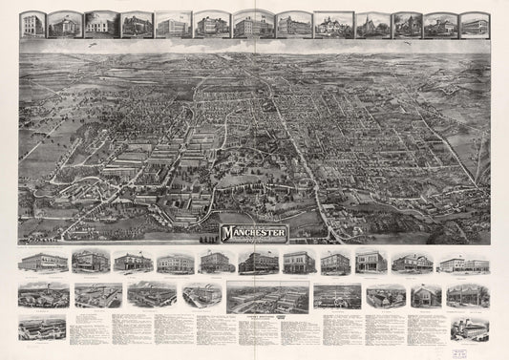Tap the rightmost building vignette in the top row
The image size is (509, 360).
click(x=474, y=25)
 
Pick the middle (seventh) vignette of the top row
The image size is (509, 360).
click(x=253, y=24)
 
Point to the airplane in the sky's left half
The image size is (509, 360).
click(x=91, y=43)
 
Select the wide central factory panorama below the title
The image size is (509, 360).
click(x=267, y=296)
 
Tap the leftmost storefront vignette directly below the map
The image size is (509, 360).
click(x=43, y=263)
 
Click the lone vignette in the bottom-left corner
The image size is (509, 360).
click(x=42, y=328)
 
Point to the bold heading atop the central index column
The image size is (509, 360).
click(x=267, y=319)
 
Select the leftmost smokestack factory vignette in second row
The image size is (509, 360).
click(x=43, y=295)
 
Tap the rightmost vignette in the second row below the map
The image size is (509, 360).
click(x=467, y=295)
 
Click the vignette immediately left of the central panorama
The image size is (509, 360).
click(x=201, y=295)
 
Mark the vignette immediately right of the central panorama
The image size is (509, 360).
click(x=337, y=295)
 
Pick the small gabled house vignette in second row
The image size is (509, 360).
click(x=425, y=295)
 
